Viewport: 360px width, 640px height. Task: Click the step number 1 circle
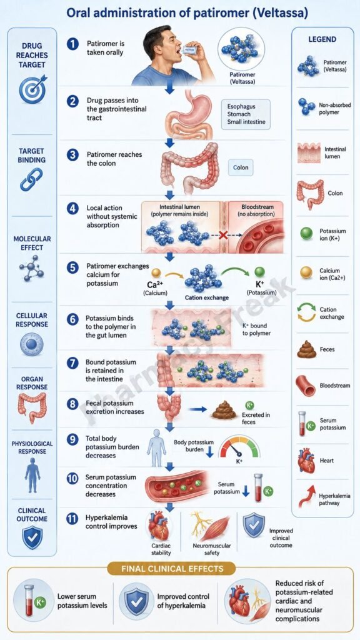click(72, 44)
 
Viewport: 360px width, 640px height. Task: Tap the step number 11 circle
click(72, 519)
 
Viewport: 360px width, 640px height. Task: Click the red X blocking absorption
click(223, 235)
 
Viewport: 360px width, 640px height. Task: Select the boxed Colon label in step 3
click(241, 167)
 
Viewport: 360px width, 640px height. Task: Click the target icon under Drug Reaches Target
click(32, 89)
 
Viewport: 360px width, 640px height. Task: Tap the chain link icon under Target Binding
click(31, 179)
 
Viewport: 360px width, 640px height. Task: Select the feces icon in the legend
click(306, 349)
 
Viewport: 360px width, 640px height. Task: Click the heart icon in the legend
click(306, 461)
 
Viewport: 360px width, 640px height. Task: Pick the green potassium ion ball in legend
click(306, 234)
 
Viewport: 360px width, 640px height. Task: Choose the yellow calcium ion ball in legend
click(306, 272)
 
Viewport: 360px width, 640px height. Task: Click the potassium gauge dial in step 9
click(239, 446)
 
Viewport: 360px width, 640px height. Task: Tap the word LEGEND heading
click(322, 39)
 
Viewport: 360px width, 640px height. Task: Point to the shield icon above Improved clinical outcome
click(254, 525)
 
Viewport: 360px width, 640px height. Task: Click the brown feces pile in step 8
click(224, 410)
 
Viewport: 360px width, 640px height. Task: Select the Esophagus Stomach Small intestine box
click(246, 114)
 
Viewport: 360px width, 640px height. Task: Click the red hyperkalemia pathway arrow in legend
click(307, 496)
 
